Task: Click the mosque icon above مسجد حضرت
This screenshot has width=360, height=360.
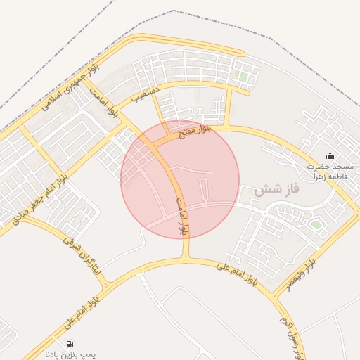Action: (330, 155)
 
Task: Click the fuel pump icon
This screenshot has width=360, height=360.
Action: (70, 344)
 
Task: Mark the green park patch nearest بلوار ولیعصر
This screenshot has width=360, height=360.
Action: (317, 225)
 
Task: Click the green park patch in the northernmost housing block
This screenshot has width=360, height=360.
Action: (243, 76)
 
